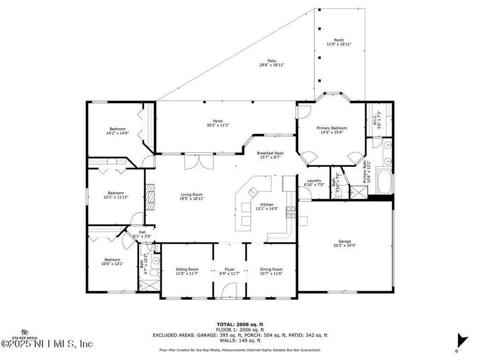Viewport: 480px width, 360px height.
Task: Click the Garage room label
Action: [x=345, y=241]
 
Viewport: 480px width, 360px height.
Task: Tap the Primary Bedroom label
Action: [x=333, y=128]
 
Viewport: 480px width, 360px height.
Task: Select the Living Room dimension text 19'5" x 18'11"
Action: [x=192, y=198]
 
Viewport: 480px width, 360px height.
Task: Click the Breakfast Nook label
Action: [x=270, y=153]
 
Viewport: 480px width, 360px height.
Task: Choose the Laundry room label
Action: [x=314, y=180]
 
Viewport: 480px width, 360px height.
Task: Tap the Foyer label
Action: [x=229, y=270]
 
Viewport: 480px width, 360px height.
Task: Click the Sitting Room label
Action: [x=187, y=270]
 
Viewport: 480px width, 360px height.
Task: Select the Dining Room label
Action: [x=271, y=270]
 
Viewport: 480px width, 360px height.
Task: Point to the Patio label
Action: [x=272, y=60]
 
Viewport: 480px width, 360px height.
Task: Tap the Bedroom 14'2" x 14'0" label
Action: [x=118, y=129]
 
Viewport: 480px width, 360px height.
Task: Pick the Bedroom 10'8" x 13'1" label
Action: [x=112, y=260]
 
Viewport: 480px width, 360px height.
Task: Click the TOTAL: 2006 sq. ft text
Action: [x=240, y=324]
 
